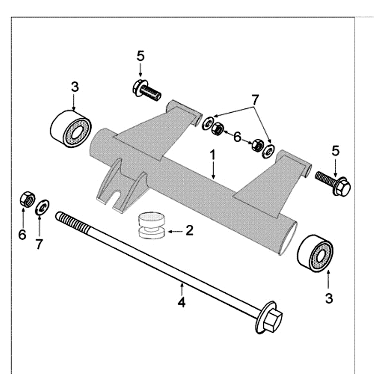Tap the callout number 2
[x=189, y=230]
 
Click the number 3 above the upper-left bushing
[x=75, y=87]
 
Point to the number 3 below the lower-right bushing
[x=329, y=298]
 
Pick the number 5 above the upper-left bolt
[x=141, y=56]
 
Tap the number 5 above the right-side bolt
[x=335, y=151]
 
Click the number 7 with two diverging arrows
[x=255, y=100]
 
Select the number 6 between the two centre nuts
[x=237, y=137]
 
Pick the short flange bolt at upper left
[x=146, y=90]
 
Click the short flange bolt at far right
[x=333, y=184]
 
